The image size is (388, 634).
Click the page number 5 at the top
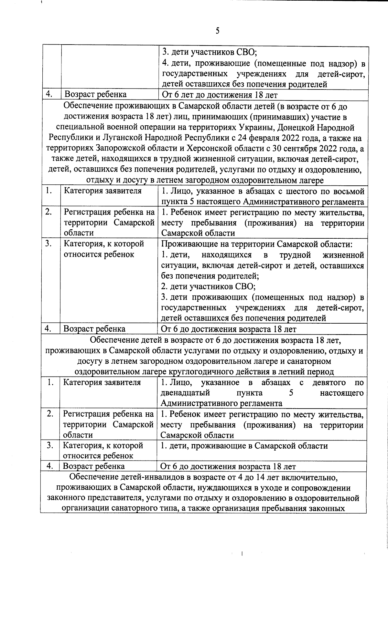point(217,31)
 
